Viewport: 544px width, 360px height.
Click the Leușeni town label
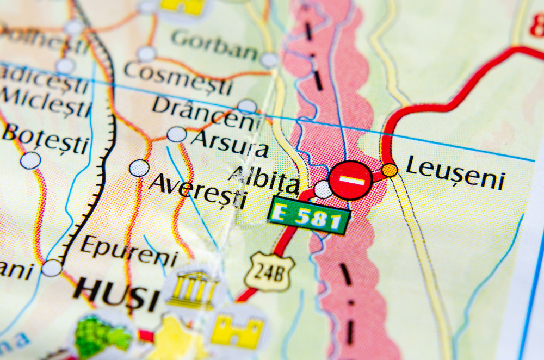(x=455, y=172)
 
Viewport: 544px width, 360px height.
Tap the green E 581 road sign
(x=308, y=215)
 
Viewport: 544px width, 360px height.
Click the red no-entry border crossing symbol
(x=351, y=180)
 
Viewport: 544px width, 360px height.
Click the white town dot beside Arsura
(x=176, y=134)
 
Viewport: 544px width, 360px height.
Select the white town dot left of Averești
(x=139, y=168)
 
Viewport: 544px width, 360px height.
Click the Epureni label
(x=129, y=250)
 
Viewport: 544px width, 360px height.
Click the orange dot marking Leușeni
(x=390, y=170)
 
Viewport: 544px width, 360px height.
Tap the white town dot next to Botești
(x=30, y=160)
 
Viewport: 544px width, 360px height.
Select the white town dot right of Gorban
(x=269, y=60)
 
